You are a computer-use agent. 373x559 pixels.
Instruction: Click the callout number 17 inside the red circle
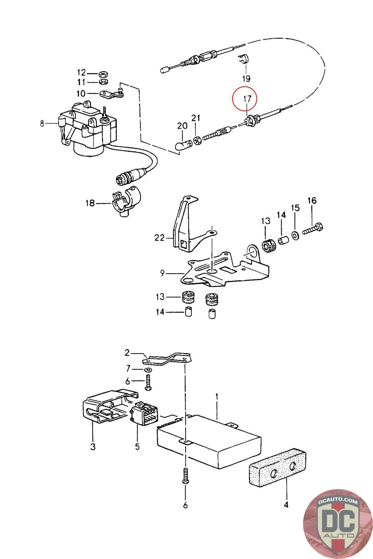[247, 99]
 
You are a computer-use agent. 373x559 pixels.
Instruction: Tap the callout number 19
[246, 79]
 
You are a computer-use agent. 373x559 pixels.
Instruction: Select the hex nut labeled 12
[103, 74]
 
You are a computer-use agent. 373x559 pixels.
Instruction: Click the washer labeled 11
[103, 82]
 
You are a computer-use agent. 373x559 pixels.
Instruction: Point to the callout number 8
[42, 123]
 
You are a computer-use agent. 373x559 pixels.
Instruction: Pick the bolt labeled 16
[313, 228]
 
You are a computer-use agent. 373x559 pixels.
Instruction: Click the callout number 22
[159, 238]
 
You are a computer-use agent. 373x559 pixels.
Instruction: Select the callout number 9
[162, 273]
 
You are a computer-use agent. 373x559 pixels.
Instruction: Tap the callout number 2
[127, 353]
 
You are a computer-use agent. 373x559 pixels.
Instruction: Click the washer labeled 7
[149, 369]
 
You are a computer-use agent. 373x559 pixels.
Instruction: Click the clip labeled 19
[244, 59]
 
